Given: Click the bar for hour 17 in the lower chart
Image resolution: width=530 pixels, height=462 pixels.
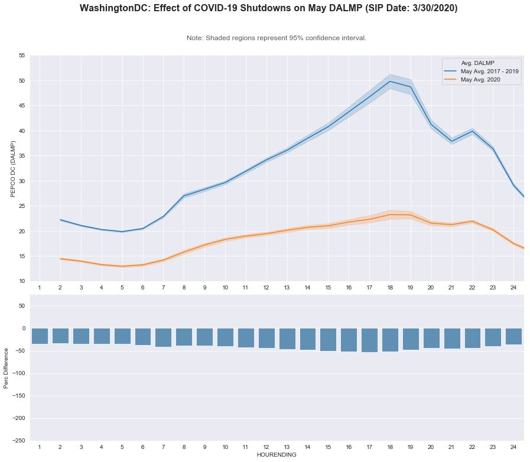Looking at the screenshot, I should click(369, 340).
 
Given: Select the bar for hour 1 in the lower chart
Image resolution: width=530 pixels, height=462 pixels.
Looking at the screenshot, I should click(40, 336).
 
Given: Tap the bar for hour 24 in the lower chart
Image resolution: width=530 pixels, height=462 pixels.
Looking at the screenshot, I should click(513, 337).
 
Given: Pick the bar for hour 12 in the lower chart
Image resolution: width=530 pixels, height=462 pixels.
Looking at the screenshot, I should click(266, 339).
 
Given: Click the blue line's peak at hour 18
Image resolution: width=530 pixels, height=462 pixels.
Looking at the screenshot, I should click(390, 82).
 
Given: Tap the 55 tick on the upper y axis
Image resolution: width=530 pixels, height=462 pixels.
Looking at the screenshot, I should click(21, 56).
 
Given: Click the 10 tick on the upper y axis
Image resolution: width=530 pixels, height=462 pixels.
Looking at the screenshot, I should click(21, 281).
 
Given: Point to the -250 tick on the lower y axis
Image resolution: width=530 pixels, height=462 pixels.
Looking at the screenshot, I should click(18, 441).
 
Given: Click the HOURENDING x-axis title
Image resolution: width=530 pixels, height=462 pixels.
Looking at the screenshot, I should click(276, 456).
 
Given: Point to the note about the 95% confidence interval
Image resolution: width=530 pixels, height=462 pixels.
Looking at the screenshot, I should click(276, 38).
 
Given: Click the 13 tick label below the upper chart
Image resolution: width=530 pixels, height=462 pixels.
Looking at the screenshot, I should click(287, 287).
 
